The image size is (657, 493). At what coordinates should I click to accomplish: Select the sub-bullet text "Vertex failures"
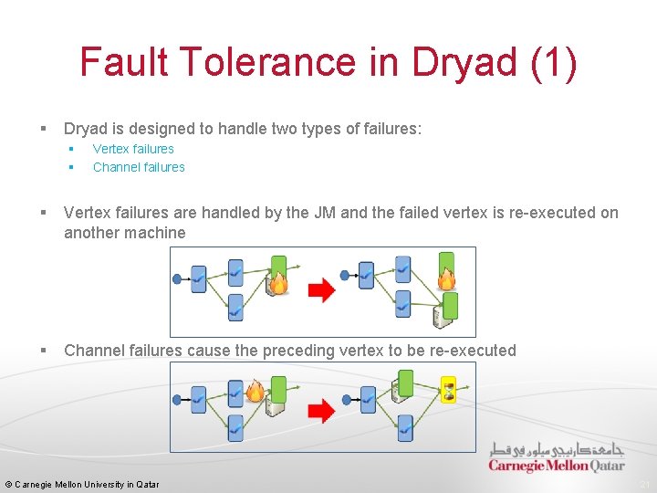tap(133, 149)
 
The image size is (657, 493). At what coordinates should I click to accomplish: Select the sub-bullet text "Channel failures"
tap(139, 167)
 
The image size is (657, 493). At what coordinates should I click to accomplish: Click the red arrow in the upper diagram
tap(321, 290)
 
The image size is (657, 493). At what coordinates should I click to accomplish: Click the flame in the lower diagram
tap(255, 392)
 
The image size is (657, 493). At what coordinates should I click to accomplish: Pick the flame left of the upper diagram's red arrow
tap(278, 283)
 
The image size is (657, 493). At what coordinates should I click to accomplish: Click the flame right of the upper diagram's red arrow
tap(446, 278)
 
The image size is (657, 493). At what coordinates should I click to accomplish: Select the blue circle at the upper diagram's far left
tap(177, 278)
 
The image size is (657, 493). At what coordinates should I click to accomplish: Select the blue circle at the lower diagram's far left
tap(177, 399)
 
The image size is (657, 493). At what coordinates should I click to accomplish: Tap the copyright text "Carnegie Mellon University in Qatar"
tap(88, 485)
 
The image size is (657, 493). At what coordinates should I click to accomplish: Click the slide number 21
tap(645, 485)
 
